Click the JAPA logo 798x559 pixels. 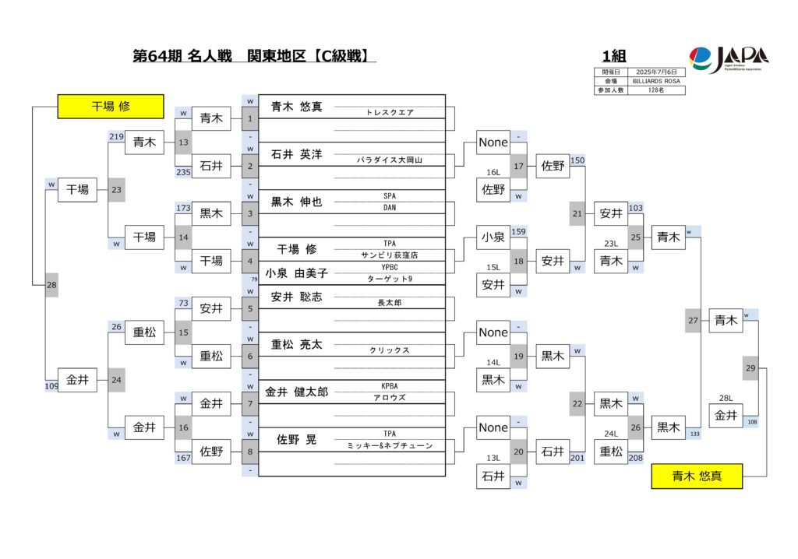(729, 58)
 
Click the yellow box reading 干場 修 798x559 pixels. (111, 106)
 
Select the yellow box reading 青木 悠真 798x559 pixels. (697, 476)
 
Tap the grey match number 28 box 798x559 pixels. (51, 285)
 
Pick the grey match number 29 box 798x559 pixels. (750, 367)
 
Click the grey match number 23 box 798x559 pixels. (115, 188)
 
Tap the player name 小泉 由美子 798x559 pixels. (296, 272)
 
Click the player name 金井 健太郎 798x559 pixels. (296, 392)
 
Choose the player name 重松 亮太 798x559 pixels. (296, 344)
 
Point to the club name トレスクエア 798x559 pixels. (390, 112)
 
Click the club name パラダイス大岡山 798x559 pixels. (390, 160)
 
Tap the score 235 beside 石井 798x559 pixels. (183, 173)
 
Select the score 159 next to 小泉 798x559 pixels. (519, 231)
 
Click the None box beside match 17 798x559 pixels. (493, 142)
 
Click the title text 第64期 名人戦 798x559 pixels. (182, 56)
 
